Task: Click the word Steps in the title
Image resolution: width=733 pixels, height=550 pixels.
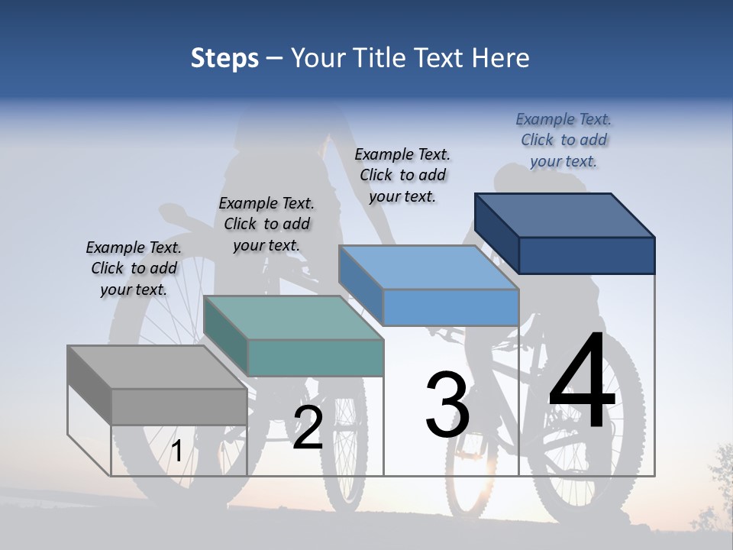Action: (x=224, y=58)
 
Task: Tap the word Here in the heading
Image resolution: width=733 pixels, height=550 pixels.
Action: (x=501, y=58)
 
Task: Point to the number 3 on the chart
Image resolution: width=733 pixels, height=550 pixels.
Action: (x=447, y=405)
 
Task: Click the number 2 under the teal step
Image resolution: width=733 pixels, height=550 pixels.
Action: (x=308, y=428)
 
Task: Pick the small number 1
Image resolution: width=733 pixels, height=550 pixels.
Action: (x=176, y=451)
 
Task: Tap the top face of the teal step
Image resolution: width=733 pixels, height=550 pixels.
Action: (x=293, y=318)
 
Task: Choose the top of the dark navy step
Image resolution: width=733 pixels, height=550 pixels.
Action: (x=565, y=215)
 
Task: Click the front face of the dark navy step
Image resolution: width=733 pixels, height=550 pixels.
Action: (x=586, y=255)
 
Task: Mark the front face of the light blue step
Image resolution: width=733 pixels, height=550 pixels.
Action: (x=450, y=307)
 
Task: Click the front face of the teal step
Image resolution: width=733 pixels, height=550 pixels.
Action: (x=315, y=357)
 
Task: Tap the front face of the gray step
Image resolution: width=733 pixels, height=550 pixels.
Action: (x=179, y=406)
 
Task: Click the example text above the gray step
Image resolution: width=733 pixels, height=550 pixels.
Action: (x=134, y=268)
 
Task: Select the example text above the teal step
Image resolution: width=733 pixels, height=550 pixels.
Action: (x=266, y=224)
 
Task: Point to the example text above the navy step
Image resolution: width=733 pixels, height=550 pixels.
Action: (x=563, y=140)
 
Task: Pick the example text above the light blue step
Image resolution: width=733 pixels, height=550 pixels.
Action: (x=402, y=175)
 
